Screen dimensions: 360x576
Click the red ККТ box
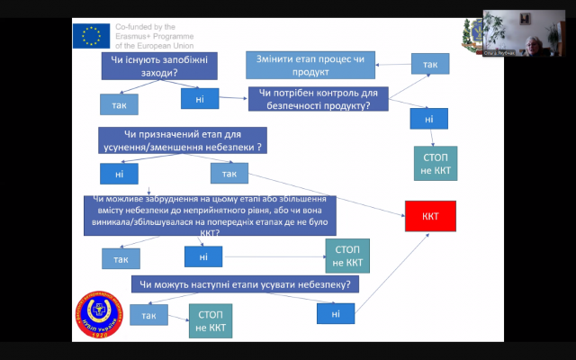point(430,217)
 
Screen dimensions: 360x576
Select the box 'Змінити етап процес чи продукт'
point(310,64)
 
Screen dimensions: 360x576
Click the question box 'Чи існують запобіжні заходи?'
point(155,66)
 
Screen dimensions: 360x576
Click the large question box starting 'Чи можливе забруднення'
point(210,216)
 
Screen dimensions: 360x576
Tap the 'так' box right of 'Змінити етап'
point(430,64)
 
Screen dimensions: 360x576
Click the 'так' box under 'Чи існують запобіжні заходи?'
point(119,103)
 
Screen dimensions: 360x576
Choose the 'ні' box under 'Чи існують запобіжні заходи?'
point(200,97)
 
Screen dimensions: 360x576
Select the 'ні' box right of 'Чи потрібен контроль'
point(428,118)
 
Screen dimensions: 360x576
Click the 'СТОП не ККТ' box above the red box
point(436,163)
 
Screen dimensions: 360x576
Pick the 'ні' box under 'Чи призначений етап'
point(119,172)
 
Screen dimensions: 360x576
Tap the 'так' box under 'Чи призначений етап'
point(229,172)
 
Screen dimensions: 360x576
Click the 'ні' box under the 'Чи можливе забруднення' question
point(203,256)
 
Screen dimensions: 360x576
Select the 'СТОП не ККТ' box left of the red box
point(347,256)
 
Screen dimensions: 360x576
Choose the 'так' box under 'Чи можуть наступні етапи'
point(148,315)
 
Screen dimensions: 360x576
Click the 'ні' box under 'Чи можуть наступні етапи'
point(336,313)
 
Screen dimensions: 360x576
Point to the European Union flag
point(91,35)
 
